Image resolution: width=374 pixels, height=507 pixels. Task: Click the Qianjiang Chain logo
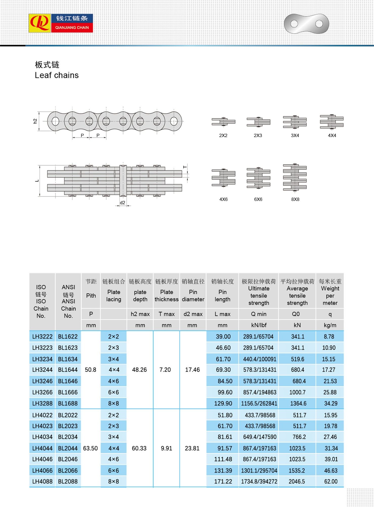click(61, 23)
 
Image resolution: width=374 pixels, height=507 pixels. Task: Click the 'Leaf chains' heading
click(57, 75)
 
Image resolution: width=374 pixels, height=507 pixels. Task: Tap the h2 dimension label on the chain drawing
click(35, 121)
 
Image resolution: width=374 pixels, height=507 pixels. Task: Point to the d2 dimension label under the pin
click(123, 202)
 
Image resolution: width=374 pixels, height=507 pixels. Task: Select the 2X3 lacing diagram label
click(258, 136)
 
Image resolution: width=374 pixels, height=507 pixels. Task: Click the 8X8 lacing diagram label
click(295, 199)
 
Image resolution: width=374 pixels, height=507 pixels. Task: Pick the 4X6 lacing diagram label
click(223, 199)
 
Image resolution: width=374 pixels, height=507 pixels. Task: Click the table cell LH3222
click(42, 337)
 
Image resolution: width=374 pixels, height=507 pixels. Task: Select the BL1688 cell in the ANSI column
click(68, 403)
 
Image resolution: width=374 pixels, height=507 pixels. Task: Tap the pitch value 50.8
click(90, 370)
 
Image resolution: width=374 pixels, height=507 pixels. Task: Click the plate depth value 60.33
click(139, 448)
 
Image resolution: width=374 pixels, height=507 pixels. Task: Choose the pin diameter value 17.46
click(192, 370)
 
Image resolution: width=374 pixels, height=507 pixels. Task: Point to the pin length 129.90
click(223, 403)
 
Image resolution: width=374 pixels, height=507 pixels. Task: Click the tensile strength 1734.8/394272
click(259, 481)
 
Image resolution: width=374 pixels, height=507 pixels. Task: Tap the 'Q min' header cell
click(259, 314)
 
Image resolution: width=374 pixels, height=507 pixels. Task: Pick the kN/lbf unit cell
click(259, 325)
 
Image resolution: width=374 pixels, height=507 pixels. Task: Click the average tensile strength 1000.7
click(297, 392)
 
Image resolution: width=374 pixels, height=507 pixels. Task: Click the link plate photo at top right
click(307, 24)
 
